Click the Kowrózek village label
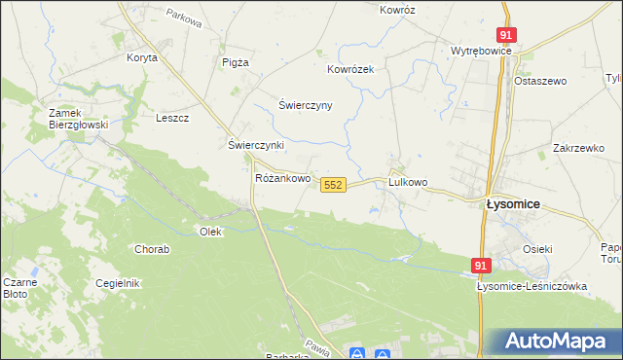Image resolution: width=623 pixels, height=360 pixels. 350,69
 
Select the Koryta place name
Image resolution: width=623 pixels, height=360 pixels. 141,57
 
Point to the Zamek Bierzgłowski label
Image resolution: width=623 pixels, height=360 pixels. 78,119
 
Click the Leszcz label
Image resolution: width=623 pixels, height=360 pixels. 171,118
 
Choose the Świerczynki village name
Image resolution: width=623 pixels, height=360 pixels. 255,145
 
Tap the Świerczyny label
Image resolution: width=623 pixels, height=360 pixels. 306,105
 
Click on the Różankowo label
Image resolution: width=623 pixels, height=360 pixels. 282,179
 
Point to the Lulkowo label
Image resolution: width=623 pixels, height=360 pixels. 408,182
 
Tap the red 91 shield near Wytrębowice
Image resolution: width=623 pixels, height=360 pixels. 505,34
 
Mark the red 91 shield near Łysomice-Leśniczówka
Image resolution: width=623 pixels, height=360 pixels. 482,265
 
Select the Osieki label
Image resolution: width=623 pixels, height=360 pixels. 537,249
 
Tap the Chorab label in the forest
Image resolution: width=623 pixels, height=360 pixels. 152,249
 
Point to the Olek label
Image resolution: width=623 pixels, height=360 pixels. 210,232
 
